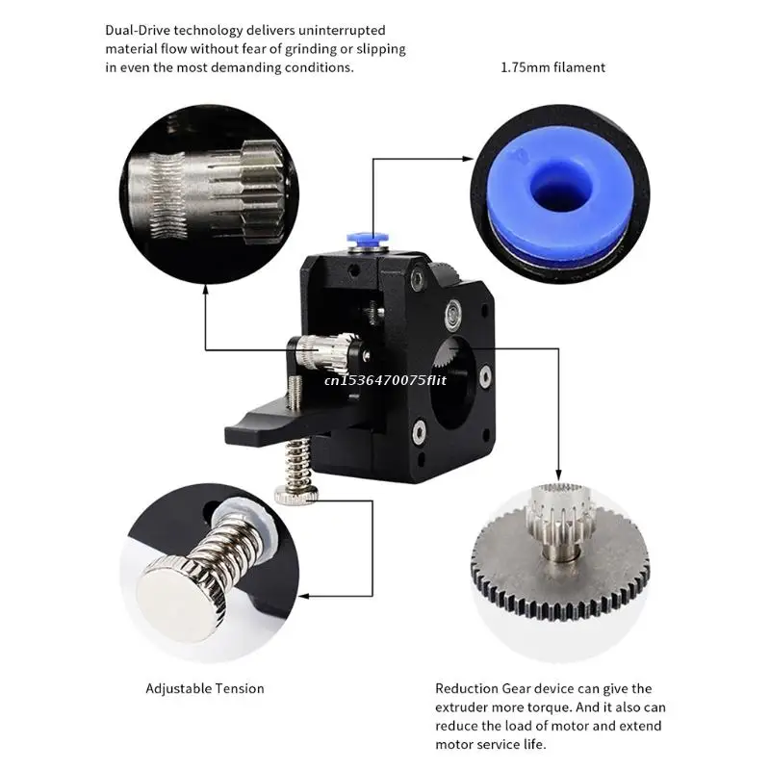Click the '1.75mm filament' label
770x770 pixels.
tap(552, 67)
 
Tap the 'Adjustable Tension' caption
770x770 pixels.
tap(205, 688)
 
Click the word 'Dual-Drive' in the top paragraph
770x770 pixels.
tap(138, 31)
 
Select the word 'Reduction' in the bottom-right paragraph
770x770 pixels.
tap(467, 688)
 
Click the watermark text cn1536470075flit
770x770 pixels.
tap(386, 379)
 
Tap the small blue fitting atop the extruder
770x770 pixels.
tap(368, 239)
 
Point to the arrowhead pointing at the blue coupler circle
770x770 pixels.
tap(468, 159)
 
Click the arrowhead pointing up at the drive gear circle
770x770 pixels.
tap(206, 290)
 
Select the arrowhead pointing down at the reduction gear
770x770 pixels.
tap(558, 475)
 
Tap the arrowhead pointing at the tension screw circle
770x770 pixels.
tap(304, 596)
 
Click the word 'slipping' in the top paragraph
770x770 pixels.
tap(381, 49)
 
